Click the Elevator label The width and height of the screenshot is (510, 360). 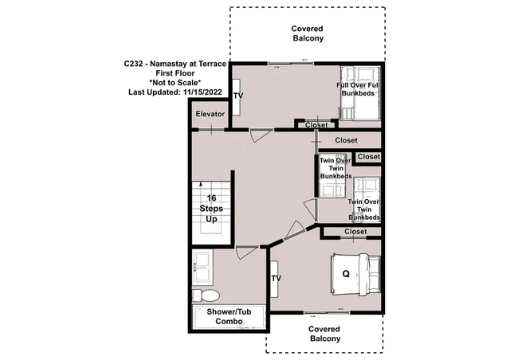click(x=210, y=114)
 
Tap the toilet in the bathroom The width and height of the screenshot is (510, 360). click(x=206, y=295)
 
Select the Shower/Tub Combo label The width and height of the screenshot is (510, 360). click(x=229, y=316)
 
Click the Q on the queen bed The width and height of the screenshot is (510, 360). click(x=346, y=274)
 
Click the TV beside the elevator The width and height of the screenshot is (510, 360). click(x=237, y=96)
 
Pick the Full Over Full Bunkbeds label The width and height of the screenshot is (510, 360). click(x=358, y=89)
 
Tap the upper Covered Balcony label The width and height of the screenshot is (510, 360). click(x=308, y=33)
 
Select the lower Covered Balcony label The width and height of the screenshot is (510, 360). click(x=324, y=334)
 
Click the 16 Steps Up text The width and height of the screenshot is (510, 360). click(x=211, y=209)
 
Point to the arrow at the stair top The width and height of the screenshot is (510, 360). click(x=201, y=185)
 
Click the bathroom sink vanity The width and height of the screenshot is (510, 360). click(x=202, y=268)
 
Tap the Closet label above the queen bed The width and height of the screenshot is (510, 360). click(x=355, y=232)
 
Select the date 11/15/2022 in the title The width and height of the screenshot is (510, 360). click(x=202, y=92)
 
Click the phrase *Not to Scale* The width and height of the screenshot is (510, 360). click(x=175, y=83)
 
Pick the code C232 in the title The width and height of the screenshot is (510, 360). click(x=133, y=64)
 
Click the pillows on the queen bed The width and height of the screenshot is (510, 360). click(x=374, y=274)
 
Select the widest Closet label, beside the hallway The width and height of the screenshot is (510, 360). click(x=346, y=140)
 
